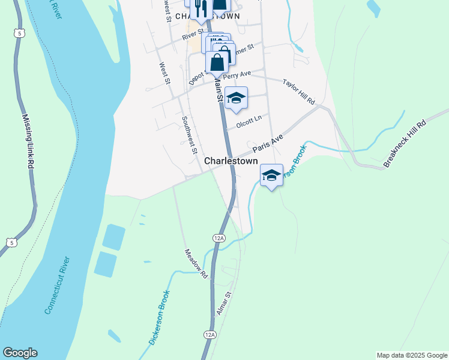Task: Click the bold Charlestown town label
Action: [x=231, y=161]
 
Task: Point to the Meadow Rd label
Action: [x=196, y=264]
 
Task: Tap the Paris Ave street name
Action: [x=267, y=143]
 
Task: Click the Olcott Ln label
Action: [x=249, y=122]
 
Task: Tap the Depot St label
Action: [x=197, y=76]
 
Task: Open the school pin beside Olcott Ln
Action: [x=237, y=98]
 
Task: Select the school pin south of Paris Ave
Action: [x=271, y=176]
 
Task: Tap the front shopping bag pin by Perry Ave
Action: [x=217, y=61]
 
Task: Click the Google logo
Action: [x=20, y=353]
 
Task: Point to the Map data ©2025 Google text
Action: [x=411, y=355]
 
